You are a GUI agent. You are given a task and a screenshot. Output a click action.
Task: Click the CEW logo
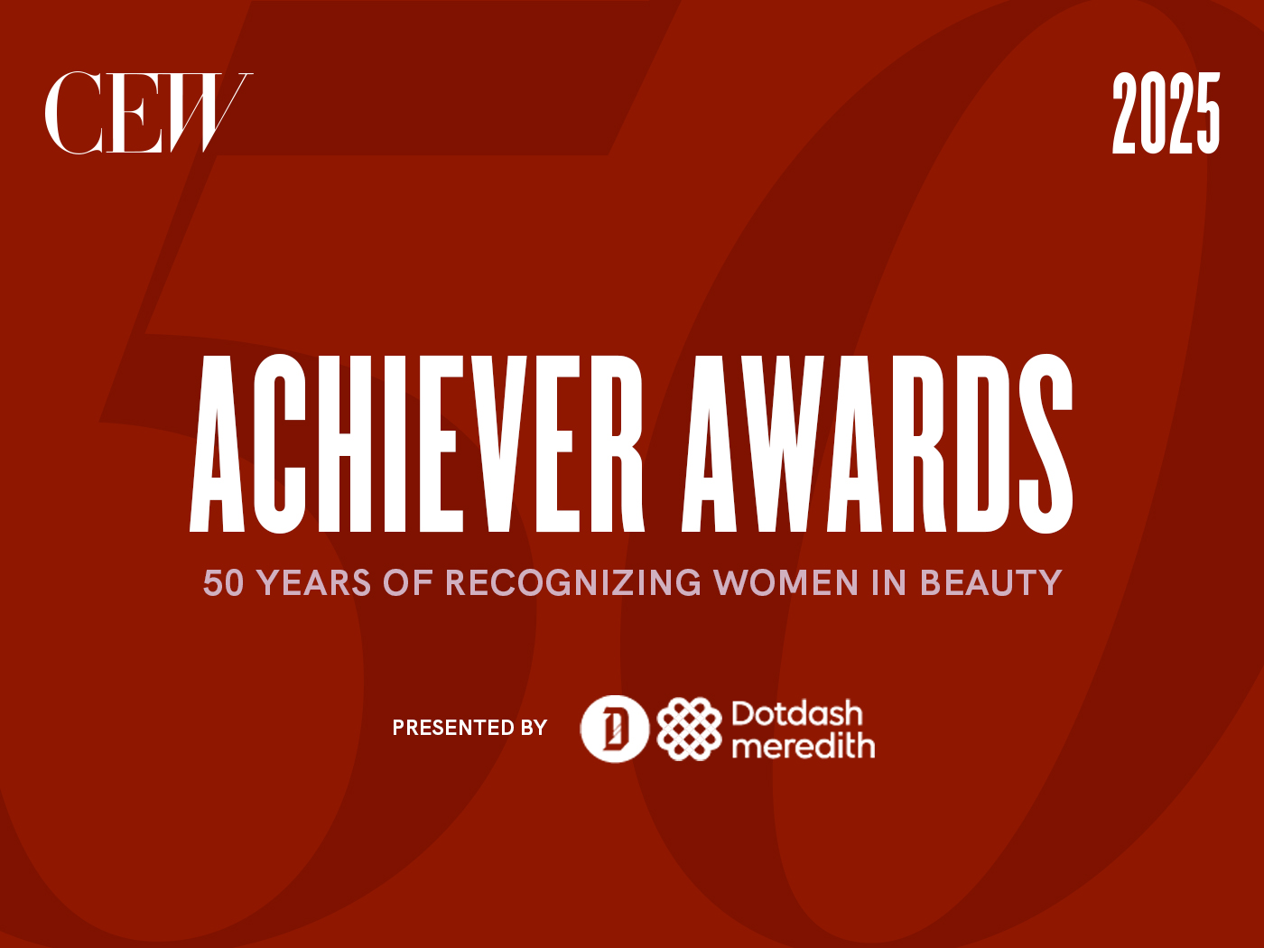[148, 113]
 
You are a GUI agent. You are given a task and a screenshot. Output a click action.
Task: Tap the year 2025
[1166, 114]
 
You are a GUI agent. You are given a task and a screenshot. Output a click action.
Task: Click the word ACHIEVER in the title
[417, 442]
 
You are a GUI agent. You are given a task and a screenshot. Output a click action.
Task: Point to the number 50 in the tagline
[223, 583]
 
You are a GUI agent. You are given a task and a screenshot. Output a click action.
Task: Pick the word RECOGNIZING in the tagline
[573, 583]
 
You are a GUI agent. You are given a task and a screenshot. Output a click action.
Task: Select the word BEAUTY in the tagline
[990, 583]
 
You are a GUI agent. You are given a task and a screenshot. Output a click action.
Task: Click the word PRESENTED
[441, 728]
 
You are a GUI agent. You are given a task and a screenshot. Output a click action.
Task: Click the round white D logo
[614, 729]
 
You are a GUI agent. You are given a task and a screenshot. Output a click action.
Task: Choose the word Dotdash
[796, 714]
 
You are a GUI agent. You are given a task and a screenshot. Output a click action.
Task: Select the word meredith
[803, 747]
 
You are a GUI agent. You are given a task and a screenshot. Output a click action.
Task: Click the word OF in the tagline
[408, 583]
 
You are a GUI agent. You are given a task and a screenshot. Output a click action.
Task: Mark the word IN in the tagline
[888, 583]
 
